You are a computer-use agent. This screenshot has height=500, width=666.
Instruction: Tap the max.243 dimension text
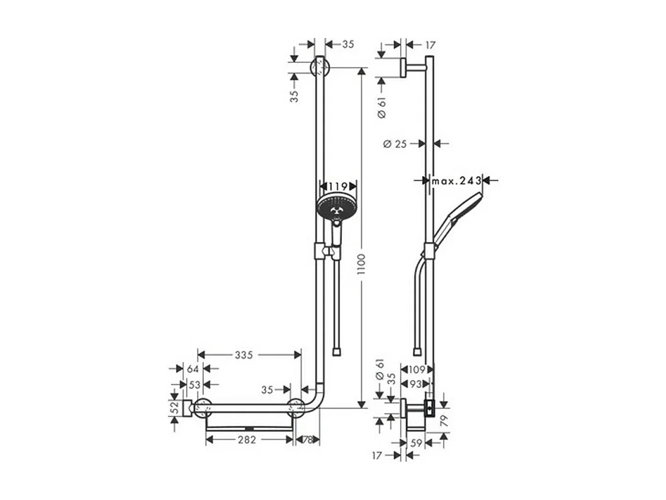click(456, 181)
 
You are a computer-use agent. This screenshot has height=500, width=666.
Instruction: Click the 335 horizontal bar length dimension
click(243, 355)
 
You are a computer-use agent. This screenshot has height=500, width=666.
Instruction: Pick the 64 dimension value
click(192, 369)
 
